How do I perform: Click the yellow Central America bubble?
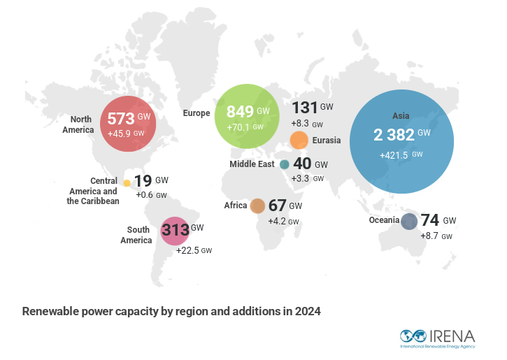pyautogui.click(x=127, y=183)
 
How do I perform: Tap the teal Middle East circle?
pyautogui.click(x=285, y=164)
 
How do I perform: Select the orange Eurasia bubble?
pyautogui.click(x=299, y=140)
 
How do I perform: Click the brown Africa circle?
pyautogui.click(x=257, y=206)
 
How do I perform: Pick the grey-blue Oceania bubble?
pyautogui.click(x=409, y=221)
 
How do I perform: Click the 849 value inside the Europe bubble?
pyautogui.click(x=240, y=112)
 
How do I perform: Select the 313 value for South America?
pyautogui.click(x=175, y=229)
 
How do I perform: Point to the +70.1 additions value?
pyautogui.click(x=240, y=127)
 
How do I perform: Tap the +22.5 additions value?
pyautogui.click(x=188, y=250)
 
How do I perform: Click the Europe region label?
pyautogui.click(x=197, y=113)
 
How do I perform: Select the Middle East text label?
pyautogui.click(x=253, y=164)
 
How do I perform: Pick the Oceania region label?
pyautogui.click(x=384, y=221)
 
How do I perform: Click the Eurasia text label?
pyautogui.click(x=327, y=141)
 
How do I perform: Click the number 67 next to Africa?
pyautogui.click(x=277, y=206)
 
